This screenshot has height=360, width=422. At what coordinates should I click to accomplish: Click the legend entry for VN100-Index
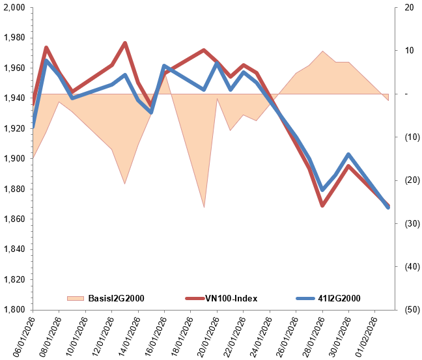231,298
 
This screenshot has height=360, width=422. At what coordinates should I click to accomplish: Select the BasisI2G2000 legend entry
115,298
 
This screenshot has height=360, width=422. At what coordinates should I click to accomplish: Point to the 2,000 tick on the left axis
14,8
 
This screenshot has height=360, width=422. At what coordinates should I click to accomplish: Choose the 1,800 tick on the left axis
14,309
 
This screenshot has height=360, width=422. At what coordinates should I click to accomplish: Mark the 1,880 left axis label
14,189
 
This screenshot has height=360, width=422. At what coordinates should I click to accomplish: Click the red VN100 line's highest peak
125,43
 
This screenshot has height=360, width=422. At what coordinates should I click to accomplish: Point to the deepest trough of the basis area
204,207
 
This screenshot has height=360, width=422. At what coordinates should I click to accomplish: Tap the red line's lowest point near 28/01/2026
322,206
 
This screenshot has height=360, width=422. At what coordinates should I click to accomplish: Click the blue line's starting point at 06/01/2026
33,128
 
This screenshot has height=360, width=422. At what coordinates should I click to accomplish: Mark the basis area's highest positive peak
322,51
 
